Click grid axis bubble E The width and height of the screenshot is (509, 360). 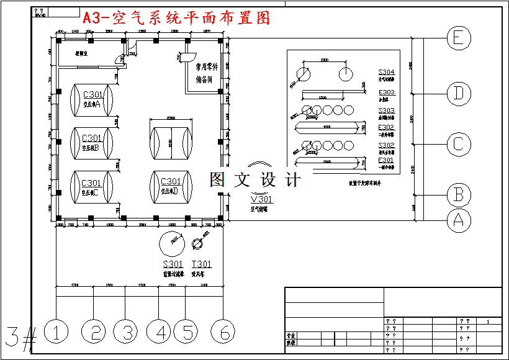pos(458,38)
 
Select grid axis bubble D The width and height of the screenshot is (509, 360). pos(458,94)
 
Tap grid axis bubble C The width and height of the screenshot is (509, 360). pos(458,144)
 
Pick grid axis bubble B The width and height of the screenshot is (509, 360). pos(458,195)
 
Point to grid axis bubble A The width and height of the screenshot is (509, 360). pos(458,219)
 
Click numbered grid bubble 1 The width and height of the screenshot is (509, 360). pos(56,332)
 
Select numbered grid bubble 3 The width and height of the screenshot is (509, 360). pos(125,332)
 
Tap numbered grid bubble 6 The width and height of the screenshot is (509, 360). pos(223,332)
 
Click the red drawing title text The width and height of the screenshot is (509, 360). pos(177,18)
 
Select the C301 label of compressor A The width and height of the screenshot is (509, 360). pos(92,94)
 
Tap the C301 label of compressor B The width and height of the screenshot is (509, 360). pos(92,138)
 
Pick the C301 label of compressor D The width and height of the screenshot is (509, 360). pos(171,181)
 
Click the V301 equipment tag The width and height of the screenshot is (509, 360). pos(261,200)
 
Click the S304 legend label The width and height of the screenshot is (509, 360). pos(387,73)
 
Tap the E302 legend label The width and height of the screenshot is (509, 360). pos(387,127)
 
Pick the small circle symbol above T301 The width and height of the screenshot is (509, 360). pos(199,242)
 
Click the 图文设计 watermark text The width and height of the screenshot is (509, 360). pos(255,180)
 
